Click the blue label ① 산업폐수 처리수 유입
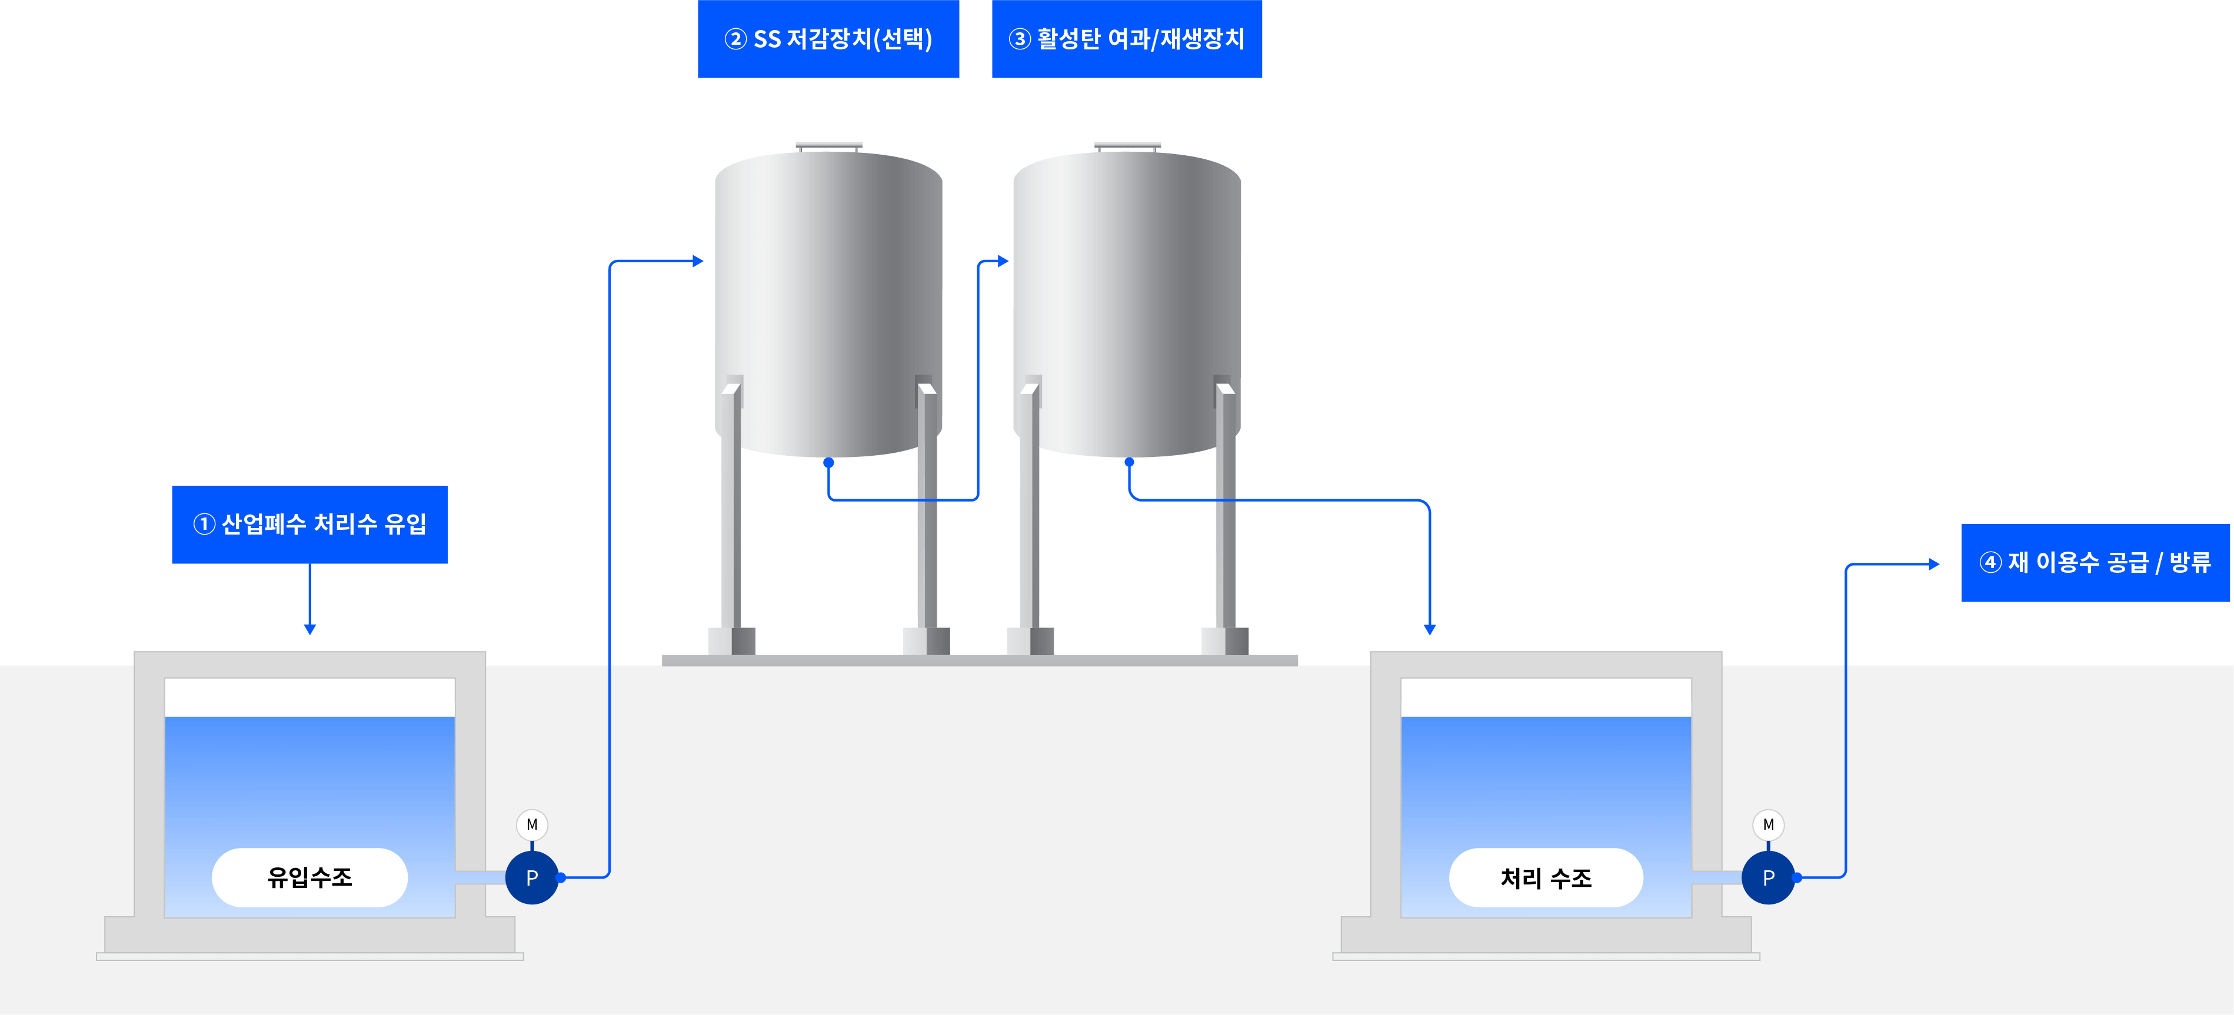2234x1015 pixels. [309, 525]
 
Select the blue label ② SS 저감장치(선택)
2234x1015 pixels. [828, 39]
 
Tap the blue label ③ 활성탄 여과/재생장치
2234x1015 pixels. [1127, 39]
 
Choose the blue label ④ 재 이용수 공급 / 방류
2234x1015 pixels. [2095, 563]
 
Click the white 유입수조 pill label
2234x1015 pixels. [309, 877]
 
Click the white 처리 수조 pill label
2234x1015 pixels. [1546, 878]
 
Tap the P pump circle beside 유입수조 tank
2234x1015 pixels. [532, 877]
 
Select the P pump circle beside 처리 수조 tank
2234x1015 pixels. [1767, 877]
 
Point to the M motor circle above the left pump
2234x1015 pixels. [532, 824]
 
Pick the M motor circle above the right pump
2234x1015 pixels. [1767, 824]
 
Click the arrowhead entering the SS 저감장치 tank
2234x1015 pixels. [698, 261]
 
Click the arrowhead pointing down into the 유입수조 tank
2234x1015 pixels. [309, 629]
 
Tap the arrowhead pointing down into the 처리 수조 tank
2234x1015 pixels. [1429, 629]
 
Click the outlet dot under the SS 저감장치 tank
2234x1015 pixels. [828, 463]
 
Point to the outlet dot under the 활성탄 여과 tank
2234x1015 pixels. [1129, 463]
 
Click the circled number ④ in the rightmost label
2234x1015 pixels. [1989, 563]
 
